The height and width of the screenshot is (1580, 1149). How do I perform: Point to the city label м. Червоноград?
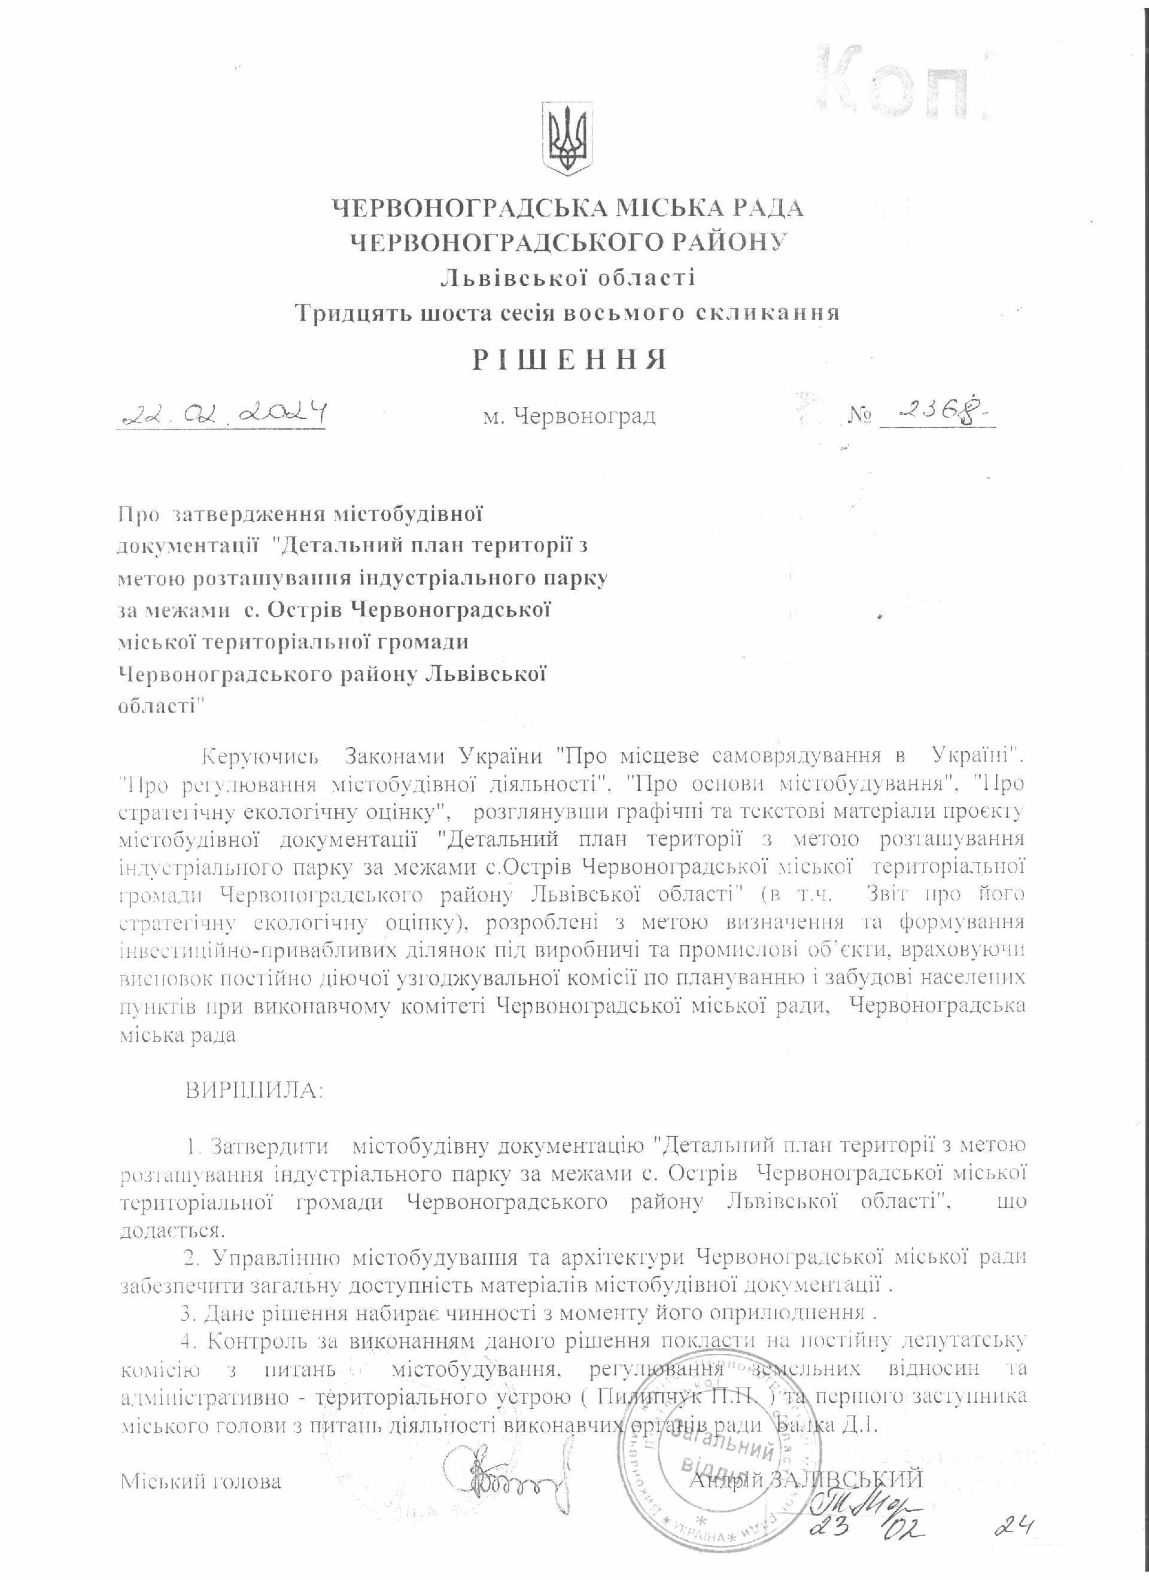569,418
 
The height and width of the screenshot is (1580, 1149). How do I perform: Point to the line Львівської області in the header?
567,278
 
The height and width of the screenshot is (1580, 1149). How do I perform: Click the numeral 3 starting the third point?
186,1313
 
